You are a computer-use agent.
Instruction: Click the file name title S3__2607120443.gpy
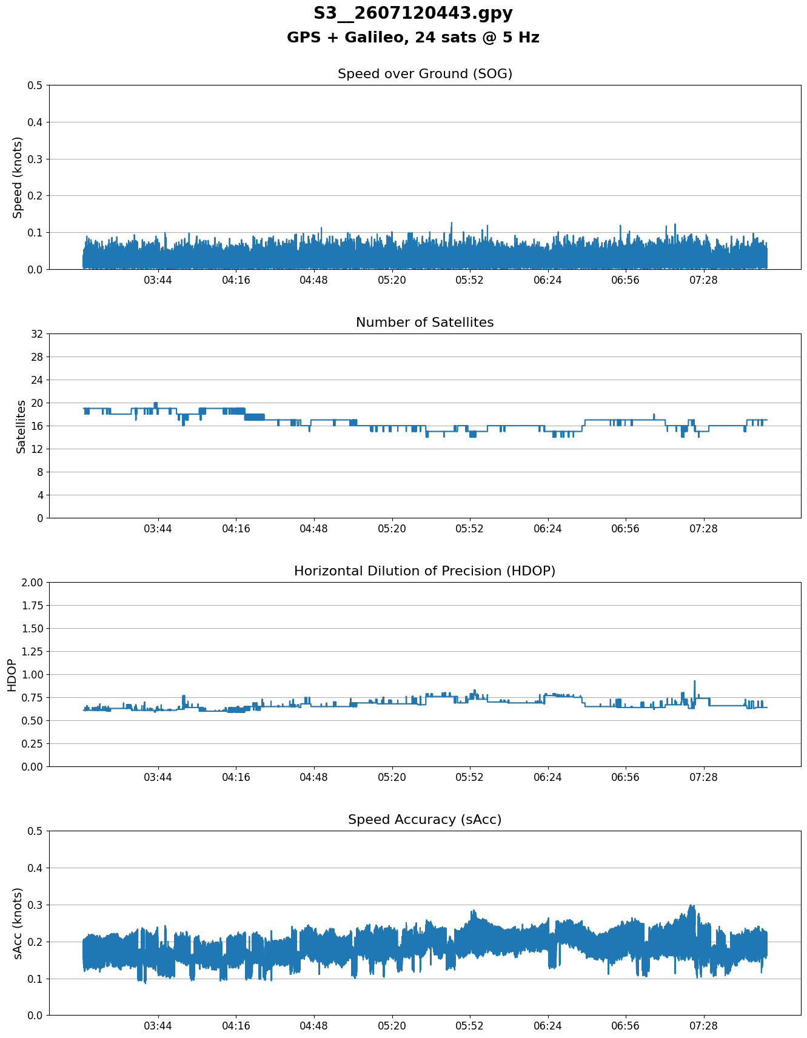point(413,13)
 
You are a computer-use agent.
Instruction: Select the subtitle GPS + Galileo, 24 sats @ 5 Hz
point(413,38)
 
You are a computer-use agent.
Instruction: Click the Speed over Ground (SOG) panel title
point(425,74)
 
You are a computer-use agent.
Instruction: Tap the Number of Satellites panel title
point(425,323)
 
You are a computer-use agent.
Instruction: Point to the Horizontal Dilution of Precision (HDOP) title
point(425,571)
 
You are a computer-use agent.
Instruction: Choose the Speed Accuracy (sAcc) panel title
point(425,820)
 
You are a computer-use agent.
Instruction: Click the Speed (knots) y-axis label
point(18,177)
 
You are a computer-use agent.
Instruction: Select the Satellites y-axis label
point(21,426)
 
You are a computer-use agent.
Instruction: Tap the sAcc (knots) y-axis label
point(18,923)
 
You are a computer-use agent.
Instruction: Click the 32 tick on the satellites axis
point(37,334)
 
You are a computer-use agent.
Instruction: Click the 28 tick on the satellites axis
point(37,357)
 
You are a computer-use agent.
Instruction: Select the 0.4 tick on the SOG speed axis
point(35,122)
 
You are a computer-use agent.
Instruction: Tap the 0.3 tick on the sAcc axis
point(35,905)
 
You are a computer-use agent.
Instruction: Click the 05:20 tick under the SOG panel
point(392,280)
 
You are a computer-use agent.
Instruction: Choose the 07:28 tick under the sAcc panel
point(703,1026)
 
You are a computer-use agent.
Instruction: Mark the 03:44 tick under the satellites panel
point(158,529)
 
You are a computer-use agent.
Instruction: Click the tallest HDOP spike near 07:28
point(695,681)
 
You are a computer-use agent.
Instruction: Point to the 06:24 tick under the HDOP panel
point(547,777)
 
